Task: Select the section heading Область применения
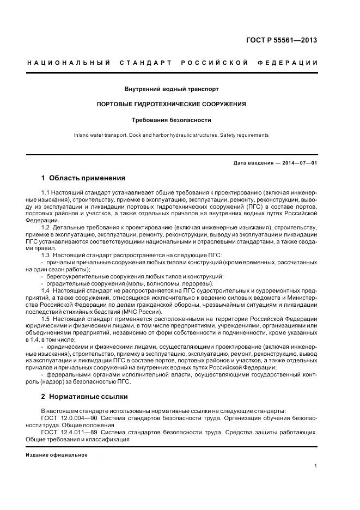pos(87,178)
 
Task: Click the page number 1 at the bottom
pos(316,466)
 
